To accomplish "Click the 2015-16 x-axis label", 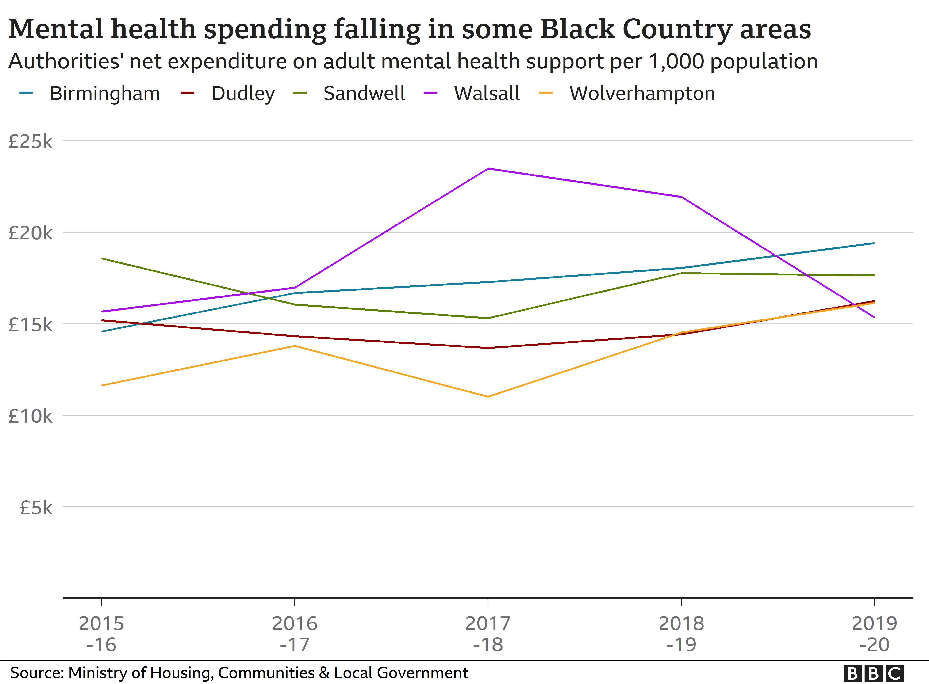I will tap(101, 634).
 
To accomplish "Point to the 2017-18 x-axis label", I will tap(488, 634).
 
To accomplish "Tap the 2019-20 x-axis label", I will tap(874, 634).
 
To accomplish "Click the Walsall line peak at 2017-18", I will tap(488, 168).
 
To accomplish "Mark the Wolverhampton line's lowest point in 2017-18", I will tap(488, 397).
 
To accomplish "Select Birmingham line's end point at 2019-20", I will tap(874, 243).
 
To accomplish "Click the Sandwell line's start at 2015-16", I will tap(102, 258).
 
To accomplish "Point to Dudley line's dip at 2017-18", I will tap(488, 348).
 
